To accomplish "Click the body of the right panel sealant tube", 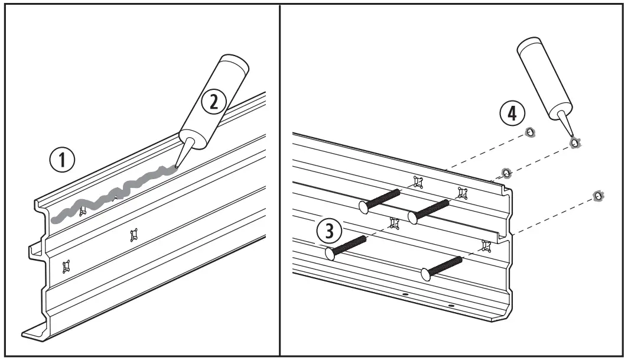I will pos(540,76).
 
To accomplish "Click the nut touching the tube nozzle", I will pos(574,142).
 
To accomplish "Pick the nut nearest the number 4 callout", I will pos(531,133).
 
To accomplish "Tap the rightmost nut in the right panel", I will pos(598,196).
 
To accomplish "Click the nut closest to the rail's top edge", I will pos(506,173).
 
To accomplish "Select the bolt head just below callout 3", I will pos(330,253).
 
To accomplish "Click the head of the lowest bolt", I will pos(425,273).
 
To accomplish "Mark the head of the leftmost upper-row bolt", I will pos(365,206).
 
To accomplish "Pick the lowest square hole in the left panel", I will pos(66,267).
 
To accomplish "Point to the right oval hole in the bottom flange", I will pos(451,305).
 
